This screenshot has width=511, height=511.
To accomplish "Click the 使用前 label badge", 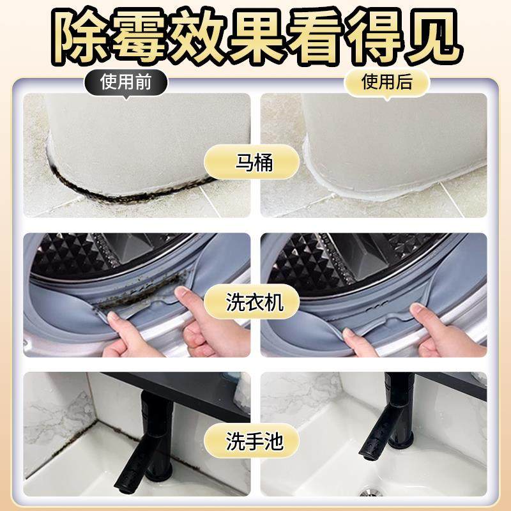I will (125, 82).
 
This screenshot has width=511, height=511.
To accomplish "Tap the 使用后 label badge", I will (387, 82).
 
